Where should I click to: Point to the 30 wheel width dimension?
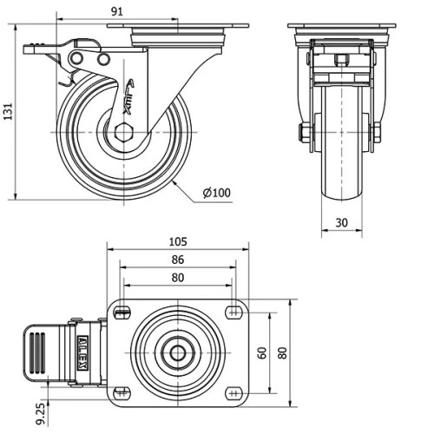tap(342, 223)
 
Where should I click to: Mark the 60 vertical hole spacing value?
tap(260, 353)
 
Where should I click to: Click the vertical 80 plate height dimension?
tap(282, 353)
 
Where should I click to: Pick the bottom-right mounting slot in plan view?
tap(233, 392)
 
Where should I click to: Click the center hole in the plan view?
tap(177, 353)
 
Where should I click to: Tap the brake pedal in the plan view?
tap(42, 353)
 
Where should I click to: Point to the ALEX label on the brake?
tap(83, 353)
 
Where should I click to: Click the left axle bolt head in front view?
tap(305, 134)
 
